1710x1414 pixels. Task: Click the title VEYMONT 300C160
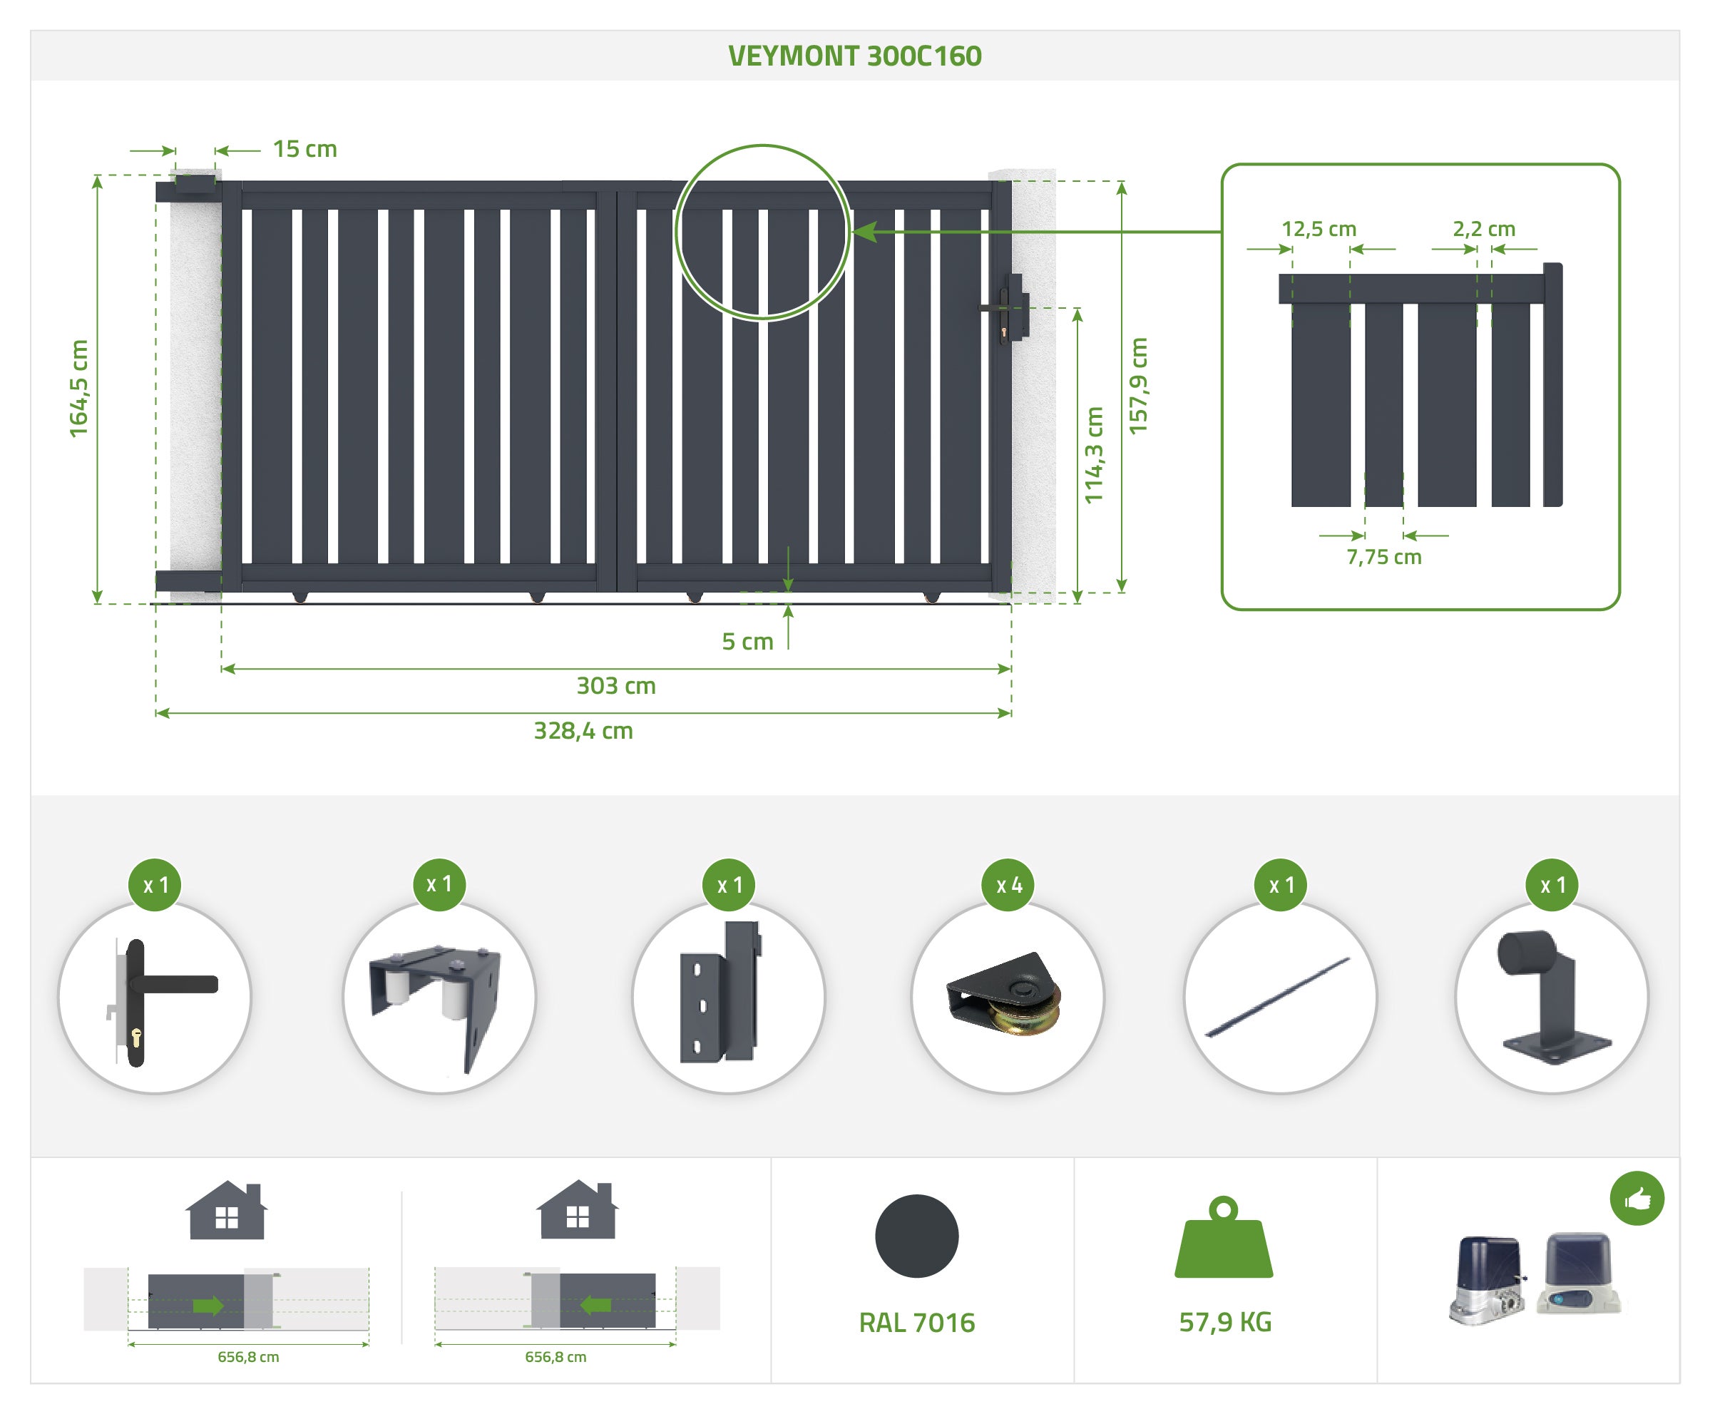click(854, 56)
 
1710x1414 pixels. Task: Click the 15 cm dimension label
click(304, 149)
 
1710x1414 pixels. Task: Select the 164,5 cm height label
click(78, 389)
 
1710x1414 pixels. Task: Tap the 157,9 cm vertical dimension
click(1137, 386)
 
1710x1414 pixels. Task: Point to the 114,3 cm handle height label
click(1094, 455)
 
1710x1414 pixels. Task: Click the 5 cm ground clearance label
click(747, 642)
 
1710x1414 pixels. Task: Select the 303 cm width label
click(615, 685)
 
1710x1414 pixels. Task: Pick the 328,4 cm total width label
click(583, 730)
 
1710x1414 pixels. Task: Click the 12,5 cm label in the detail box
click(1319, 229)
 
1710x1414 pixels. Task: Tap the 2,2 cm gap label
click(1484, 229)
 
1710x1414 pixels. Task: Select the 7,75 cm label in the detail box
click(1383, 557)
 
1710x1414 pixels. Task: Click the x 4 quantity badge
click(1008, 885)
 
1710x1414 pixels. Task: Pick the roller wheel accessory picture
click(1006, 997)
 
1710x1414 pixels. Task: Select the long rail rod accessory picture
click(1279, 997)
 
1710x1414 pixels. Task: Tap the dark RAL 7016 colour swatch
click(916, 1236)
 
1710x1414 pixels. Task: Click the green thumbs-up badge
click(1637, 1198)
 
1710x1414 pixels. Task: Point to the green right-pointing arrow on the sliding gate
click(208, 1306)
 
